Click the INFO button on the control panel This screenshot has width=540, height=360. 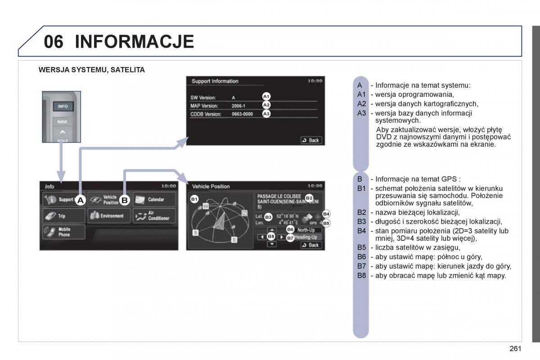63,107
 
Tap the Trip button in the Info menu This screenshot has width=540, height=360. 63,216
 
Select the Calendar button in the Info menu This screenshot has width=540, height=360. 153,199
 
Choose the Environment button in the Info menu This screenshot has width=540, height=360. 109,216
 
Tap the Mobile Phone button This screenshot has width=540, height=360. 63,232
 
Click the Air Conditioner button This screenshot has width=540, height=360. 153,216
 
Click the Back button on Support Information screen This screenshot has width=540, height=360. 310,140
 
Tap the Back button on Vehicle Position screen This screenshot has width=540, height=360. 310,245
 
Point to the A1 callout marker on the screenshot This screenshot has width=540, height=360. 266,96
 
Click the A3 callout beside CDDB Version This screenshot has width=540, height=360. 266,114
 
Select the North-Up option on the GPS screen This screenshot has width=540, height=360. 306,230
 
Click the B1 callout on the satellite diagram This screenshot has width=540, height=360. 194,199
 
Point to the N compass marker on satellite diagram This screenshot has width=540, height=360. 244,213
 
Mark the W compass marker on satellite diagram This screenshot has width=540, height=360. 205,206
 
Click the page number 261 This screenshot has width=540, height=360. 515,348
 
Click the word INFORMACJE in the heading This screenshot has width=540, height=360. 134,41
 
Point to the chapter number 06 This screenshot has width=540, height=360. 54,41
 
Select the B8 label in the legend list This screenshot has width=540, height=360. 362,275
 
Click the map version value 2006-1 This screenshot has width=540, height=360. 238,106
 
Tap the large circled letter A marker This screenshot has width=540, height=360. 80,200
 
